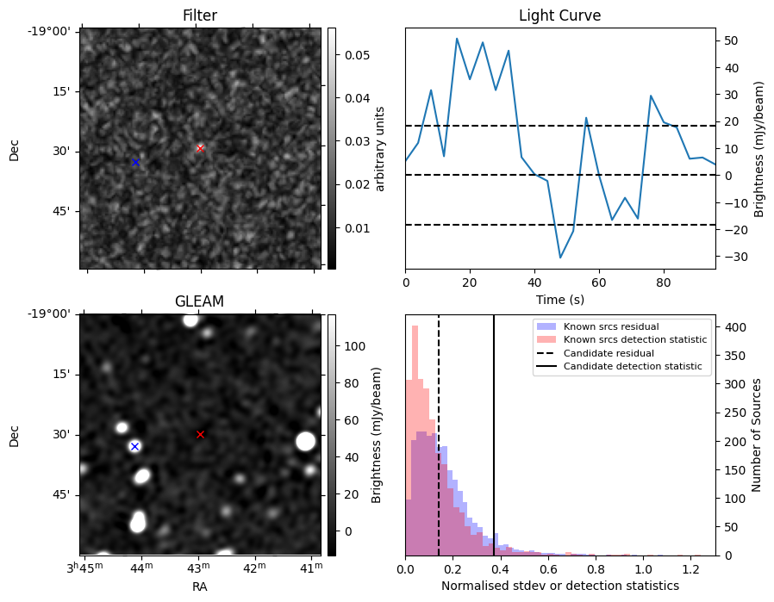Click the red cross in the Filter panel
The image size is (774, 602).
[200, 148]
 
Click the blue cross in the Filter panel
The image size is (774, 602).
[135, 162]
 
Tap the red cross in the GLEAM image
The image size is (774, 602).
[200, 434]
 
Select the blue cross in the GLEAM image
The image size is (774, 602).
[134, 447]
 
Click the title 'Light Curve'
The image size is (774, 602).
[559, 16]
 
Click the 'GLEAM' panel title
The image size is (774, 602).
[199, 301]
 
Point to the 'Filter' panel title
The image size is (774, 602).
[199, 16]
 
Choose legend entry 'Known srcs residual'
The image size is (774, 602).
[611, 326]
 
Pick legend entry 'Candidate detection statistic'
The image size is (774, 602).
[633, 366]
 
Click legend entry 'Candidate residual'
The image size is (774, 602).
[609, 353]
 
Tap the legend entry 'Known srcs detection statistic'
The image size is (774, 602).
[635, 339]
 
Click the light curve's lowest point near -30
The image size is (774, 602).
[560, 258]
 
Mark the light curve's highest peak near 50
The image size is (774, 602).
[457, 39]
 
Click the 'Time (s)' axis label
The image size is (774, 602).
[559, 299]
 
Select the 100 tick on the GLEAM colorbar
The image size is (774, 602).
[355, 346]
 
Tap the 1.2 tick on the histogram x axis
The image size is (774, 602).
[691, 569]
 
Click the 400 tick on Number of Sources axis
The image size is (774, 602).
[735, 327]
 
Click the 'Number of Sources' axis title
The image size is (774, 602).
[756, 436]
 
